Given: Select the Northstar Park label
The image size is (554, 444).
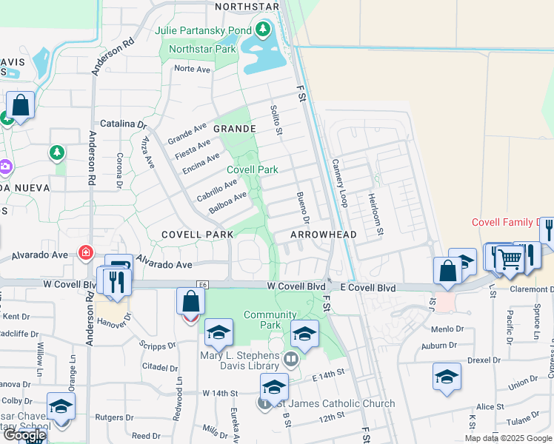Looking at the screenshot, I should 202,49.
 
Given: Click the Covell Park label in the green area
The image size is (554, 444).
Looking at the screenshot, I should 253,169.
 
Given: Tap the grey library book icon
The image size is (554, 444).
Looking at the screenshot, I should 291,360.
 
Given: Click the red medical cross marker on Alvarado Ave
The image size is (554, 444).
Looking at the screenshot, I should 87,253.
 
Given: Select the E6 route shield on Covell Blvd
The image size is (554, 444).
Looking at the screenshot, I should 202,284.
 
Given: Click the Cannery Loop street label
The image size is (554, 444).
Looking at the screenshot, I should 339,183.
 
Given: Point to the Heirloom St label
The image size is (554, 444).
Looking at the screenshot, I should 376,215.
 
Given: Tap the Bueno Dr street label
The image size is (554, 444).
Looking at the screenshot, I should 301,208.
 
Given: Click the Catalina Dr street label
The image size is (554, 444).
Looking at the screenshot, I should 121,124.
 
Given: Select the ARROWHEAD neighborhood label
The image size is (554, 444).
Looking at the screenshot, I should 323,235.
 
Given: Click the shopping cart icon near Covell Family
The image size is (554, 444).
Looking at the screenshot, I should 510,258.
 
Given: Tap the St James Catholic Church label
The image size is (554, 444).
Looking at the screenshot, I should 332,404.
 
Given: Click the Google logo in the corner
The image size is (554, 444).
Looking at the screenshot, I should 24,436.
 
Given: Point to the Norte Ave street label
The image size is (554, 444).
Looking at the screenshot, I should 193,69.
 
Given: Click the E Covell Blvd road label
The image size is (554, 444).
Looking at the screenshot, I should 367,287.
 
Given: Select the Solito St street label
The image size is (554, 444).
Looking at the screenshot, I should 276,120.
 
